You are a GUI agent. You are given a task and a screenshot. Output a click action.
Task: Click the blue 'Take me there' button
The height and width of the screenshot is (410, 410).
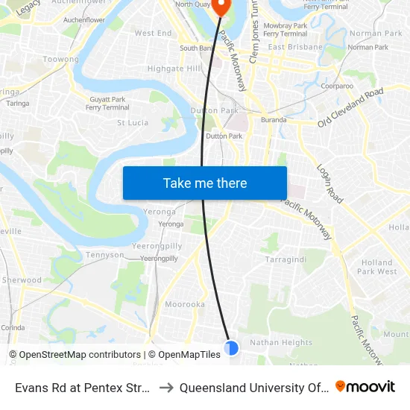tap(205, 183)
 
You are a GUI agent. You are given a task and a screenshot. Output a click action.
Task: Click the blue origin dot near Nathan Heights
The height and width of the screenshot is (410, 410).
tap(231, 347)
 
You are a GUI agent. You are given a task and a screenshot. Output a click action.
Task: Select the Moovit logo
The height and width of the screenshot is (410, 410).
tap(365, 387)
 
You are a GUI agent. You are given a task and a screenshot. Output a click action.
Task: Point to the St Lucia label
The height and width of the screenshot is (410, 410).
tap(133, 122)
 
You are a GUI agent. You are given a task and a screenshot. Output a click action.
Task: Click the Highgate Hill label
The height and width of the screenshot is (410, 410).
tap(174, 68)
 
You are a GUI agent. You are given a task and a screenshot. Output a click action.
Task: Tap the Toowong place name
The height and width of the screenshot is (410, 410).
tap(61, 59)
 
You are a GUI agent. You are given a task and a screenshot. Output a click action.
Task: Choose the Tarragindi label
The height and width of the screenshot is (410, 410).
tap(286, 259)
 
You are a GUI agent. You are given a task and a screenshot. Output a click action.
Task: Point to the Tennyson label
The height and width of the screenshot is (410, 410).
tap(106, 254)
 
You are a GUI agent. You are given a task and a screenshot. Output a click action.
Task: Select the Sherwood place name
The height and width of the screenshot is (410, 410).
tap(22, 280)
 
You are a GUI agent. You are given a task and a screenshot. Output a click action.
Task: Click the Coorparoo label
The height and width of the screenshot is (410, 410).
tap(336, 86)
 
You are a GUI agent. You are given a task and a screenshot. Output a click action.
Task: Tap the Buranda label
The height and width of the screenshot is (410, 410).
tap(274, 119)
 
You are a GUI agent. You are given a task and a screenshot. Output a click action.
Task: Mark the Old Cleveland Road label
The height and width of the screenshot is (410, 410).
tap(350, 107)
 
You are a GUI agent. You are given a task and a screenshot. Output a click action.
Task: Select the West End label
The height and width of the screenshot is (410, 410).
tap(153, 34)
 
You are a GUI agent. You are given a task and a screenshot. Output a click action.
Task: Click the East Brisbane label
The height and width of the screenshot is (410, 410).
tap(295, 47)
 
